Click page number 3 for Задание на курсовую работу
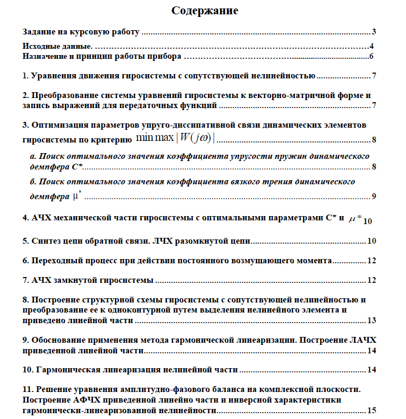pos(374,32)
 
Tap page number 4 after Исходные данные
pos(373,47)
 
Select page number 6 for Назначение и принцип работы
pos(372,56)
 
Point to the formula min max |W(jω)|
pos(178,139)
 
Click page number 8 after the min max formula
pos(374,140)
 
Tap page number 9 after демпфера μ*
pos(374,197)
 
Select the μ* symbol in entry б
pos(76,196)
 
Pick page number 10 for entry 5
pos(372,241)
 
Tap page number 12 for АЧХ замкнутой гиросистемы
pos(372,280)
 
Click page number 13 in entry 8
pos(372,320)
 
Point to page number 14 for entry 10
pos(372,370)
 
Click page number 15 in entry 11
pos(372,410)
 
